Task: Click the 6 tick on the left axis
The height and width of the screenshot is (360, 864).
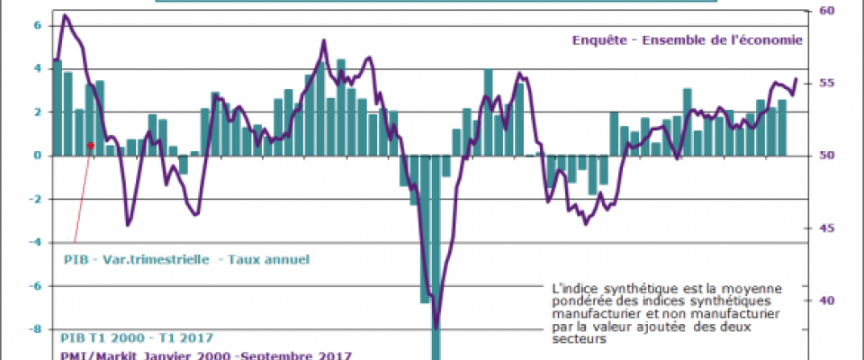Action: [x=38, y=25]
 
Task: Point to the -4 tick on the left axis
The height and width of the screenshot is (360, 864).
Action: [x=35, y=242]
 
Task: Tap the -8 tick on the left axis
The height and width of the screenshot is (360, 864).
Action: [x=35, y=329]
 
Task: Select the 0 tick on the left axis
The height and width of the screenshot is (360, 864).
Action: [x=38, y=155]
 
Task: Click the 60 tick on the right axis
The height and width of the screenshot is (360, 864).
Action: [x=825, y=11]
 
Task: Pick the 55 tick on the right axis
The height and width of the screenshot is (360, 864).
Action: [x=825, y=83]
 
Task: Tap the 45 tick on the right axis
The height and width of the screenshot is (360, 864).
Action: [x=825, y=228]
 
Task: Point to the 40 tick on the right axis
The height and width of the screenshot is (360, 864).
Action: [x=825, y=301]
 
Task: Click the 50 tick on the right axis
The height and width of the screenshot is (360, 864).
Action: [x=825, y=155]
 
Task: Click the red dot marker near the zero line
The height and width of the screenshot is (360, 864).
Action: [x=91, y=145]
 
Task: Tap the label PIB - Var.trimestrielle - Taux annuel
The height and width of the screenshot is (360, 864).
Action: [x=186, y=260]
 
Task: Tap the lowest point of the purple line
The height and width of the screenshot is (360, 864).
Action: [x=436, y=328]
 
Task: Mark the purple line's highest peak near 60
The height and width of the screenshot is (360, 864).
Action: [x=64, y=15]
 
